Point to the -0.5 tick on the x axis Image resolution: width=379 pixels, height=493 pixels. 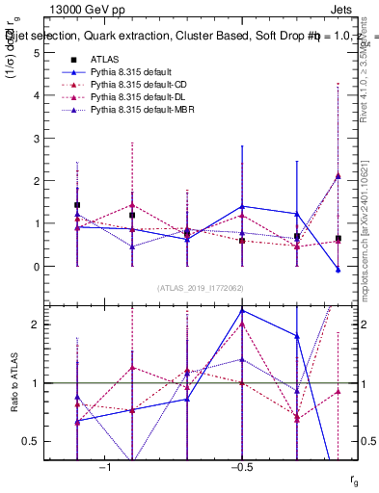241,466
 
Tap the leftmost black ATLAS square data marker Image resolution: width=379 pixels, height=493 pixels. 77,205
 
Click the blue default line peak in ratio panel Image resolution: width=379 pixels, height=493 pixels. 242,310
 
